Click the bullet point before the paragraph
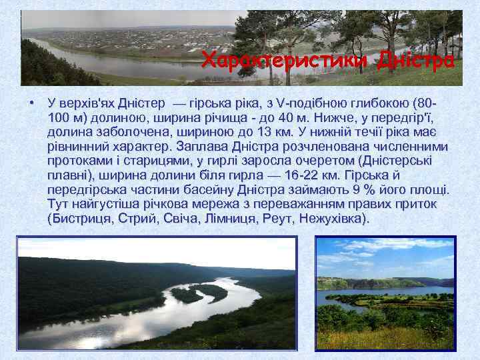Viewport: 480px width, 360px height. pos(31,103)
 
